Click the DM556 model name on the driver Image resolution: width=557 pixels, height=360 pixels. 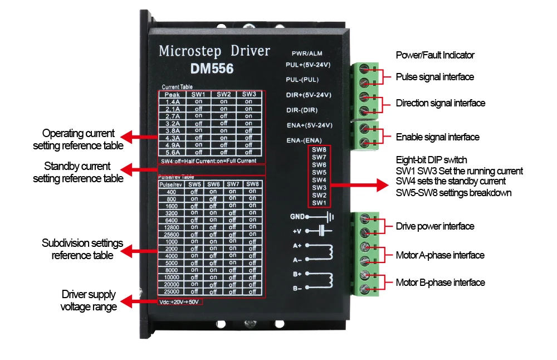[x=212, y=69]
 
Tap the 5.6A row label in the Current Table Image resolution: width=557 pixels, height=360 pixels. [x=173, y=153]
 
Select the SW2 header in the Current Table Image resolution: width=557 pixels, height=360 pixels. [x=224, y=94]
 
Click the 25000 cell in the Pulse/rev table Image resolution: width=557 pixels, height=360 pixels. [x=172, y=291]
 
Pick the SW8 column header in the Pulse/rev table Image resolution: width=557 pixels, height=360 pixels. [x=252, y=184]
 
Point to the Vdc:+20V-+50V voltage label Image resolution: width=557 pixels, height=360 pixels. [x=179, y=301]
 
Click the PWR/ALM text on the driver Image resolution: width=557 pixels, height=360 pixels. [x=307, y=53]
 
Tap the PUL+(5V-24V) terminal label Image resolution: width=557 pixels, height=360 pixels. [x=308, y=65]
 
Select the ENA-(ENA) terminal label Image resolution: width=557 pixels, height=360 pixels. [x=304, y=140]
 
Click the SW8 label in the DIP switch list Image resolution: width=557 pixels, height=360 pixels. [x=319, y=149]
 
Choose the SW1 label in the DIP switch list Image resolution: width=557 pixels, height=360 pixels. [x=319, y=202]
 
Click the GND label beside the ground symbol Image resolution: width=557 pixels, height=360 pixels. [x=297, y=216]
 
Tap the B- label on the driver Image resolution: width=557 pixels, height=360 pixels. [x=297, y=288]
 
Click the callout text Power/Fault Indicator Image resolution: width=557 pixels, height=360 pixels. [x=435, y=55]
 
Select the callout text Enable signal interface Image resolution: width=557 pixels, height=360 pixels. [x=438, y=137]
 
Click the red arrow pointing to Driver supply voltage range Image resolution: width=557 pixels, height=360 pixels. [x=139, y=301]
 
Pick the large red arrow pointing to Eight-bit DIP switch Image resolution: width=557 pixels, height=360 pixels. [x=359, y=185]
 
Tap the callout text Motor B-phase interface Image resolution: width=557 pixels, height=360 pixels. [x=441, y=283]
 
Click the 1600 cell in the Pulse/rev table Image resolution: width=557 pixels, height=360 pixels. [x=172, y=206]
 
